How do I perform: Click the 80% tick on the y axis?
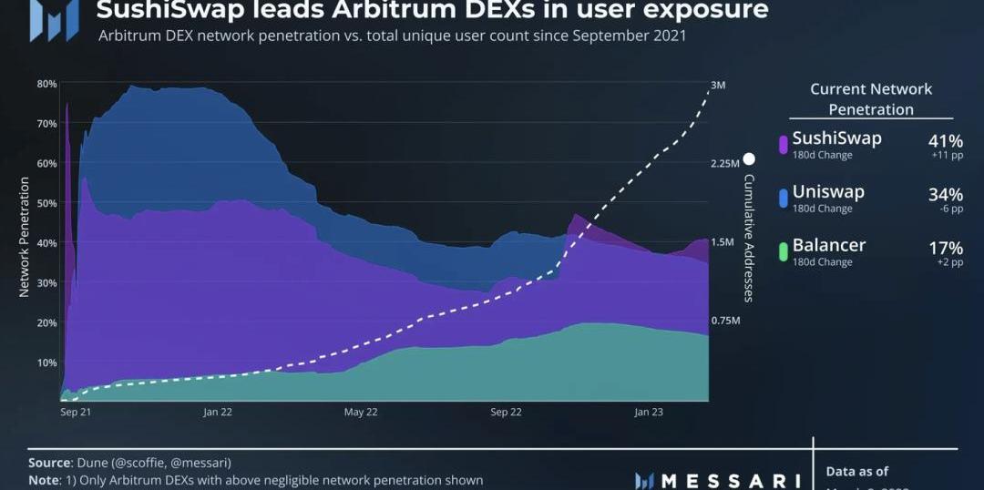[x=46, y=84]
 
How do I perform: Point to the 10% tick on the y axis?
[x=46, y=362]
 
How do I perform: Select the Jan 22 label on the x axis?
[x=218, y=412]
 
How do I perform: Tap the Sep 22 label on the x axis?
[x=506, y=412]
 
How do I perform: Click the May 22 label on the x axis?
[x=361, y=412]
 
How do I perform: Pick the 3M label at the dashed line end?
[x=718, y=86]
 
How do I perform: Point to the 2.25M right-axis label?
[x=726, y=164]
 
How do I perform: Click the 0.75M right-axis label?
[x=726, y=322]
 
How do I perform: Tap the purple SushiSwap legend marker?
[x=784, y=145]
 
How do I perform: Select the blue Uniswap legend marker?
[x=784, y=198]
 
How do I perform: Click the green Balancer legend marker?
[x=784, y=250]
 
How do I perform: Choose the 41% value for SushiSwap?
[x=945, y=141]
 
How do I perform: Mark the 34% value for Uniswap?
[x=945, y=194]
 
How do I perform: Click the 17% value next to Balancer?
[x=945, y=248]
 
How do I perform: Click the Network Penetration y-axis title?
[x=25, y=237]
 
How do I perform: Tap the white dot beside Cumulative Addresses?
[x=749, y=158]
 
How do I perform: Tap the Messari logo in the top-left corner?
[x=54, y=20]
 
